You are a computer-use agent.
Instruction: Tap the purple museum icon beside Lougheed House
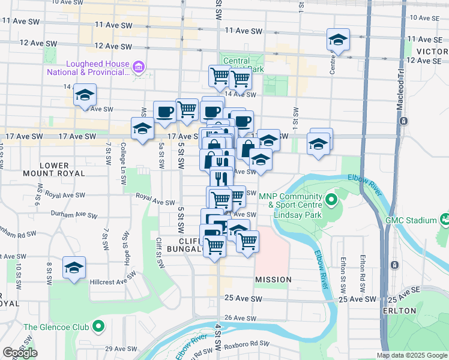click(139, 66)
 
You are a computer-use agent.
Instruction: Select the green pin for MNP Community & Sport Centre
click(331, 199)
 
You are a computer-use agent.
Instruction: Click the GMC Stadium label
click(418, 220)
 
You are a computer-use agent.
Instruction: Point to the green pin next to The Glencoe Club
click(98, 327)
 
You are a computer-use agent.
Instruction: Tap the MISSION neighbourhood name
click(273, 280)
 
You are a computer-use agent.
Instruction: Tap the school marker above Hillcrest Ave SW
click(74, 268)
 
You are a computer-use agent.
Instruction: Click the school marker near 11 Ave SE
click(338, 40)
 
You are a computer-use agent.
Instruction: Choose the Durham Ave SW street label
click(75, 215)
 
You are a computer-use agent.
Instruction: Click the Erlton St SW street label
click(342, 271)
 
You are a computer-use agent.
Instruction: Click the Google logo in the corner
click(20, 353)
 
